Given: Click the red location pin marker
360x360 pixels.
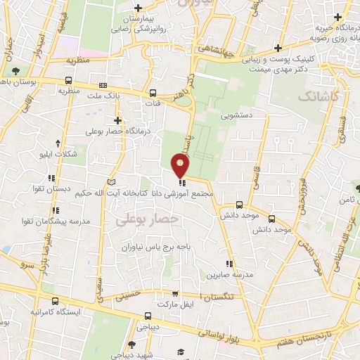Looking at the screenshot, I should (x=181, y=166).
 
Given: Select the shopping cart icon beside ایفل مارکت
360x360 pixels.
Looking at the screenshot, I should (x=175, y=294).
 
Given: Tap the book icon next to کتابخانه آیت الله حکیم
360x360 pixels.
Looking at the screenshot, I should (x=109, y=182).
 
